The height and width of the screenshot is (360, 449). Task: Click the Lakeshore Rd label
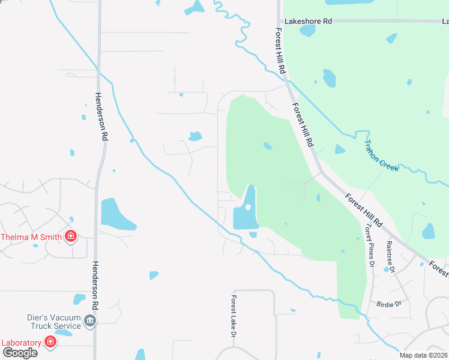tap(308, 21)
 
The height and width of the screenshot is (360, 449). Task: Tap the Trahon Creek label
tap(381, 155)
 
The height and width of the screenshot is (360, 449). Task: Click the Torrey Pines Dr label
tap(369, 246)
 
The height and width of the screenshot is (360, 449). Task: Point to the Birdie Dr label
tap(388, 304)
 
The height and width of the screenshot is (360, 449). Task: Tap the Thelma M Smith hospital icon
tap(71, 236)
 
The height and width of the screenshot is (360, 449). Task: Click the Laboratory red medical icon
tap(50, 343)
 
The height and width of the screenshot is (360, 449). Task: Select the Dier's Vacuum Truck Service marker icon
tap(90, 322)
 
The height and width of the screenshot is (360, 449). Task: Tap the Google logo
tap(20, 352)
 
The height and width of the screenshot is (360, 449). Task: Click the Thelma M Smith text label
tap(31, 237)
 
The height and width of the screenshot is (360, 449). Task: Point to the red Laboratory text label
tap(21, 343)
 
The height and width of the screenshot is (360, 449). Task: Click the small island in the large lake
tap(247, 208)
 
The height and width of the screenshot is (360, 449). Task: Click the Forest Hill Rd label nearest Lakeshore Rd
tap(282, 50)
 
